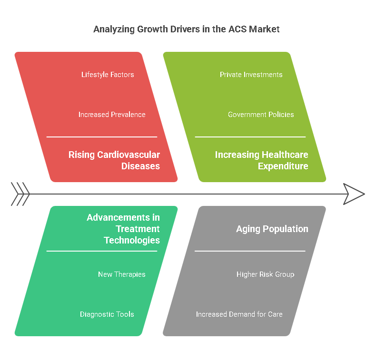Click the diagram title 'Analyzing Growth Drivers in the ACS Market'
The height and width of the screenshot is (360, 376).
[x=186, y=29]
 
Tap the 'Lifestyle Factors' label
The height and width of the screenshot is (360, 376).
[x=108, y=75]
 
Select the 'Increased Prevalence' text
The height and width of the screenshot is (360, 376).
[x=112, y=115]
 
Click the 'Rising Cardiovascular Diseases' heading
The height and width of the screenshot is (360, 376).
[x=114, y=160]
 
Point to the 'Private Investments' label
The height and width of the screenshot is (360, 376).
[x=251, y=75]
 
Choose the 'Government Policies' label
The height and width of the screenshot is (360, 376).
[x=261, y=115]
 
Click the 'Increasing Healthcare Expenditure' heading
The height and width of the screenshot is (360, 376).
[x=262, y=160]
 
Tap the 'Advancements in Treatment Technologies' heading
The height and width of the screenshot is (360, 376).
[x=123, y=229]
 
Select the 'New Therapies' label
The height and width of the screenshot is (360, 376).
[x=121, y=274]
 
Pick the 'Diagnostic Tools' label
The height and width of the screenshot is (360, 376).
[x=107, y=314]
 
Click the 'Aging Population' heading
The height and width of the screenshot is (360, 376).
[x=272, y=229]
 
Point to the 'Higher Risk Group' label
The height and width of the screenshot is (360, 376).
[x=266, y=274]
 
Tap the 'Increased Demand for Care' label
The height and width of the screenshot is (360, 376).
[x=239, y=314]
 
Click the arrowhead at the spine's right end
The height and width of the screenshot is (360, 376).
[x=354, y=194]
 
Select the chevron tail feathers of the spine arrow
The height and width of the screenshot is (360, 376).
[x=20, y=194]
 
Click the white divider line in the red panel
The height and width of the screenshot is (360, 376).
[x=102, y=137]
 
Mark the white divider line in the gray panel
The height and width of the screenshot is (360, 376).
[x=250, y=251]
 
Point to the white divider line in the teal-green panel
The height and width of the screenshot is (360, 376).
[x=102, y=251]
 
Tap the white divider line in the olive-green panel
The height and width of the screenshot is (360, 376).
[x=250, y=137]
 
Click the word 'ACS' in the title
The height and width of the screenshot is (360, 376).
[x=237, y=29]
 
